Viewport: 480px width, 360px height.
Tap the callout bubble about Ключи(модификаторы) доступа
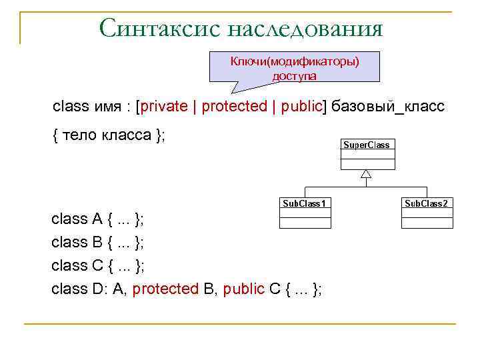tap(295, 67)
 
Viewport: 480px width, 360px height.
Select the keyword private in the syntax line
tap(164, 107)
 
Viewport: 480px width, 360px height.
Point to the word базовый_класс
tap(387, 107)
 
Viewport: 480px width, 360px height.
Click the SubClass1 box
tap(304, 212)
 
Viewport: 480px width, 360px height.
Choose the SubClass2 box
tap(427, 212)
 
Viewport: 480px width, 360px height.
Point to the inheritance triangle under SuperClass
tap(365, 175)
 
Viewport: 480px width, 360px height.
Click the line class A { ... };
tap(98, 219)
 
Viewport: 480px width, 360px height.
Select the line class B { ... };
tap(98, 242)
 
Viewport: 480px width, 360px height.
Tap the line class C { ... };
tap(98, 265)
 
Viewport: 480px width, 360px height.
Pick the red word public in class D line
tap(244, 289)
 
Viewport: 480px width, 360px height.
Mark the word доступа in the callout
tap(295, 75)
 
